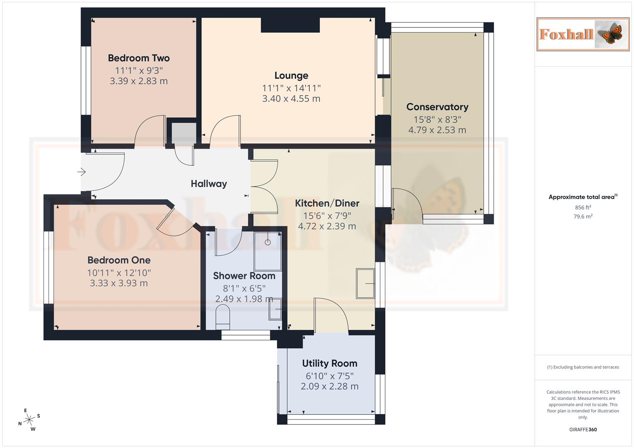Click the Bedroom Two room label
[x=139, y=58]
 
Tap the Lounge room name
[x=291, y=75]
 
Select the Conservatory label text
[x=437, y=107]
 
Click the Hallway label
[x=209, y=184]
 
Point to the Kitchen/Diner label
[x=327, y=203]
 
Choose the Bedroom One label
[x=119, y=260]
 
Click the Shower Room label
[x=244, y=276]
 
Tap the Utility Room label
[x=330, y=363]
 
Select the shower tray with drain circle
[x=268, y=249]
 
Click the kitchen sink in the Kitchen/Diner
[x=365, y=284]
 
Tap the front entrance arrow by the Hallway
[x=81, y=172]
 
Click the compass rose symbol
[x=29, y=420]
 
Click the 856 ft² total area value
[x=583, y=207]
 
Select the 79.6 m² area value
[x=583, y=216]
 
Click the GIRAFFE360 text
[x=583, y=430]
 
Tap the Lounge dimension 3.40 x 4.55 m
[x=291, y=99]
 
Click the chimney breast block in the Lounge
[x=290, y=25]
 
